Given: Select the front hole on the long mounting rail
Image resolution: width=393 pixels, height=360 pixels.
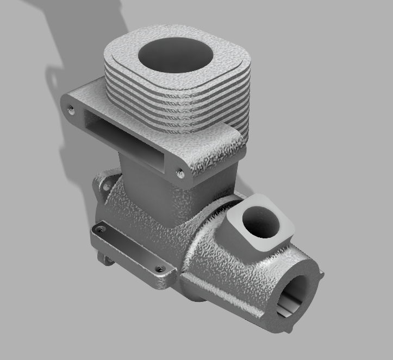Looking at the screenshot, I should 159,268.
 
